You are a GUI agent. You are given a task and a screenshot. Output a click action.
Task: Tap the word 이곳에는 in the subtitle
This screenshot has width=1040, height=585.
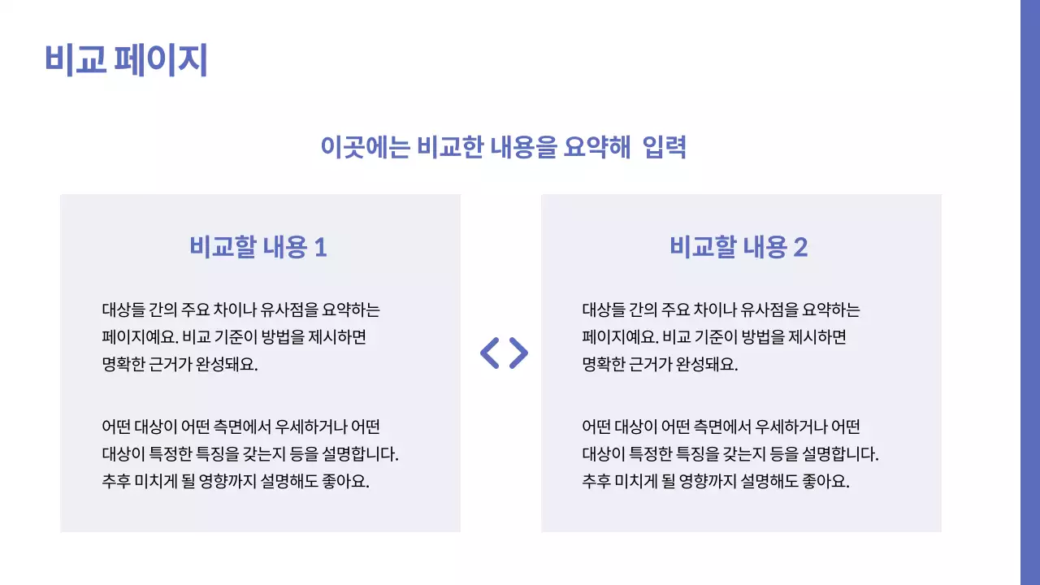(365, 147)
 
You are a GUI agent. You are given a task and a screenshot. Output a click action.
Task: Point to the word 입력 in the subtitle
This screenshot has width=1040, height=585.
(664, 147)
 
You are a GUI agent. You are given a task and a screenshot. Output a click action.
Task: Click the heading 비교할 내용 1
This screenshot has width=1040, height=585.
(258, 247)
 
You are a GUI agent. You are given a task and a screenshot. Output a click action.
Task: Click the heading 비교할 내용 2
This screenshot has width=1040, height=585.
(739, 247)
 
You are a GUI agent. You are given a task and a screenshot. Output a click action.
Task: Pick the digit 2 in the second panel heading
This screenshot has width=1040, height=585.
(800, 248)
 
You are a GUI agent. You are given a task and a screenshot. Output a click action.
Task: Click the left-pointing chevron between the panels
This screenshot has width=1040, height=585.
(490, 353)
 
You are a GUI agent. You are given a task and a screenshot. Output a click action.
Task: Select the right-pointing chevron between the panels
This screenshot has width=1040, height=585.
(518, 353)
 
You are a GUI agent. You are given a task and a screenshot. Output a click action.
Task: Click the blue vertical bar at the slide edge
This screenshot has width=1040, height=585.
(1029, 292)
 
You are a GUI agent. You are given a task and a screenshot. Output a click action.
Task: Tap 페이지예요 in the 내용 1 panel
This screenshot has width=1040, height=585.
(140, 337)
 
